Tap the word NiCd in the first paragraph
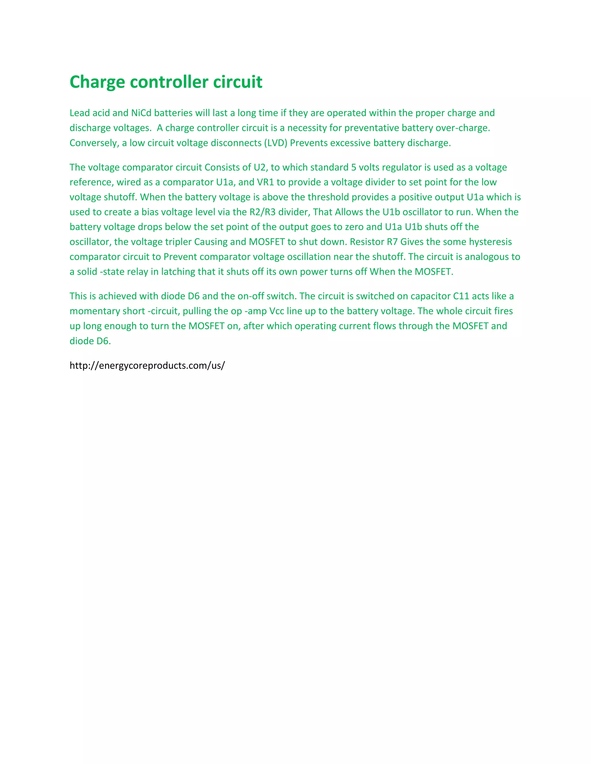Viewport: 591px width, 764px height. [x=141, y=113]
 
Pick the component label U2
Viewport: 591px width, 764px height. [x=260, y=168]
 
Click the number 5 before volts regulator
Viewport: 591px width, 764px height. [x=354, y=168]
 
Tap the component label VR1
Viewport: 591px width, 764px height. [x=265, y=182]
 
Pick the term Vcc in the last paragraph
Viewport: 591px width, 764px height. [x=276, y=311]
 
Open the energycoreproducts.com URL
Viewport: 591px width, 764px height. [x=147, y=366]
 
